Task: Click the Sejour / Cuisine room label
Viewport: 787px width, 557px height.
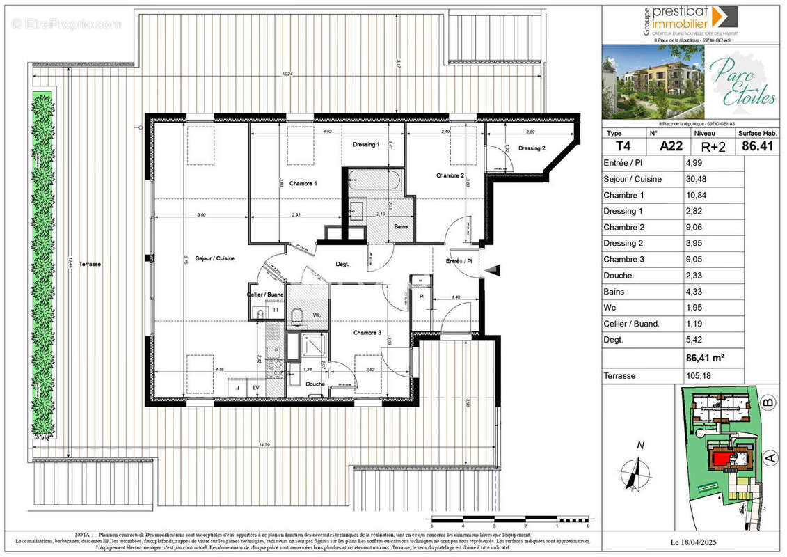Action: (215, 258)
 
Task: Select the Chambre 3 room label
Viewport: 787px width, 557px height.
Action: (367, 333)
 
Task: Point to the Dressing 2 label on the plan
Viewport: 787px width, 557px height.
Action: (532, 148)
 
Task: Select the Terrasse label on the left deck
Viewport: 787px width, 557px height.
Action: (90, 264)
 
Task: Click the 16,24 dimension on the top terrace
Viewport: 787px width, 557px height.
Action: (286, 73)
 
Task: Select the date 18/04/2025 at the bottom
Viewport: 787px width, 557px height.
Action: (694, 542)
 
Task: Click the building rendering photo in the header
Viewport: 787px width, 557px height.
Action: (653, 81)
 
